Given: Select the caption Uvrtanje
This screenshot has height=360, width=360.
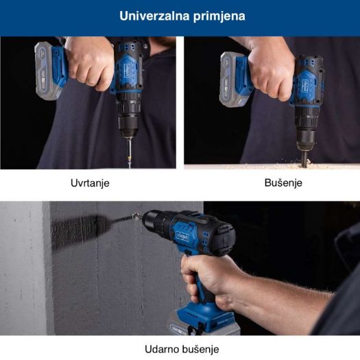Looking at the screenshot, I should pyautogui.click(x=89, y=184).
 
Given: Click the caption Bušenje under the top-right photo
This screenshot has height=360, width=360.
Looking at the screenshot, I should pyautogui.click(x=283, y=183).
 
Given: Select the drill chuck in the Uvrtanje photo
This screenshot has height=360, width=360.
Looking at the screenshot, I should pyautogui.click(x=128, y=121).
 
